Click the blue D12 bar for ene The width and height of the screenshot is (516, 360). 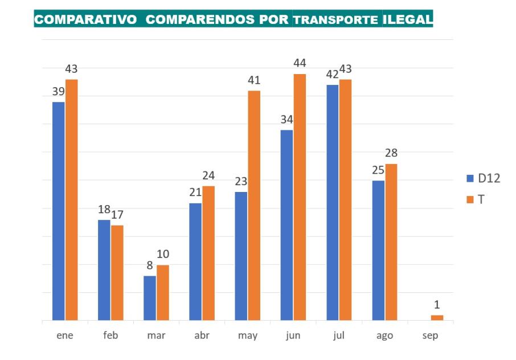pyautogui.click(x=59, y=211)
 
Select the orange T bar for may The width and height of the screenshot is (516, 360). pyautogui.click(x=254, y=205)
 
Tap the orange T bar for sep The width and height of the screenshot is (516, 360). pyautogui.click(x=437, y=317)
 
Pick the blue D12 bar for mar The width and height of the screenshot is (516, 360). pyautogui.click(x=150, y=298)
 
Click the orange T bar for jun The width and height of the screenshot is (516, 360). pyautogui.click(x=300, y=197)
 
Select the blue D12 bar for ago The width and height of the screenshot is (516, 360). pyautogui.click(x=378, y=250)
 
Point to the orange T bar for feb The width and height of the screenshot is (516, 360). pyautogui.click(x=117, y=272)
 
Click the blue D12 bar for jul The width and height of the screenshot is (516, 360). pyautogui.click(x=333, y=202)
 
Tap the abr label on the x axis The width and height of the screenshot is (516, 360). pyautogui.click(x=202, y=336)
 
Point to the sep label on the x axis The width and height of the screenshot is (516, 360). pyautogui.click(x=431, y=336)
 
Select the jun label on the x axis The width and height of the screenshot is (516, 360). pyautogui.click(x=293, y=336)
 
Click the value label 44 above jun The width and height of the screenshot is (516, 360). pyautogui.click(x=300, y=63)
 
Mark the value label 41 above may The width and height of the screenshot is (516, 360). pyautogui.click(x=254, y=80)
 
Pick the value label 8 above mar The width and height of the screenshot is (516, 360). pyautogui.click(x=150, y=265)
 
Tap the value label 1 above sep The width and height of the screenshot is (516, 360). pyautogui.click(x=437, y=305)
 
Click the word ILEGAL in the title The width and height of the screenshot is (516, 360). pyautogui.click(x=408, y=19)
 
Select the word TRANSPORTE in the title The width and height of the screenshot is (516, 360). pyautogui.click(x=336, y=20)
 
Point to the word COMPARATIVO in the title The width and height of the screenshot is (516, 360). pyautogui.click(x=85, y=19)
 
